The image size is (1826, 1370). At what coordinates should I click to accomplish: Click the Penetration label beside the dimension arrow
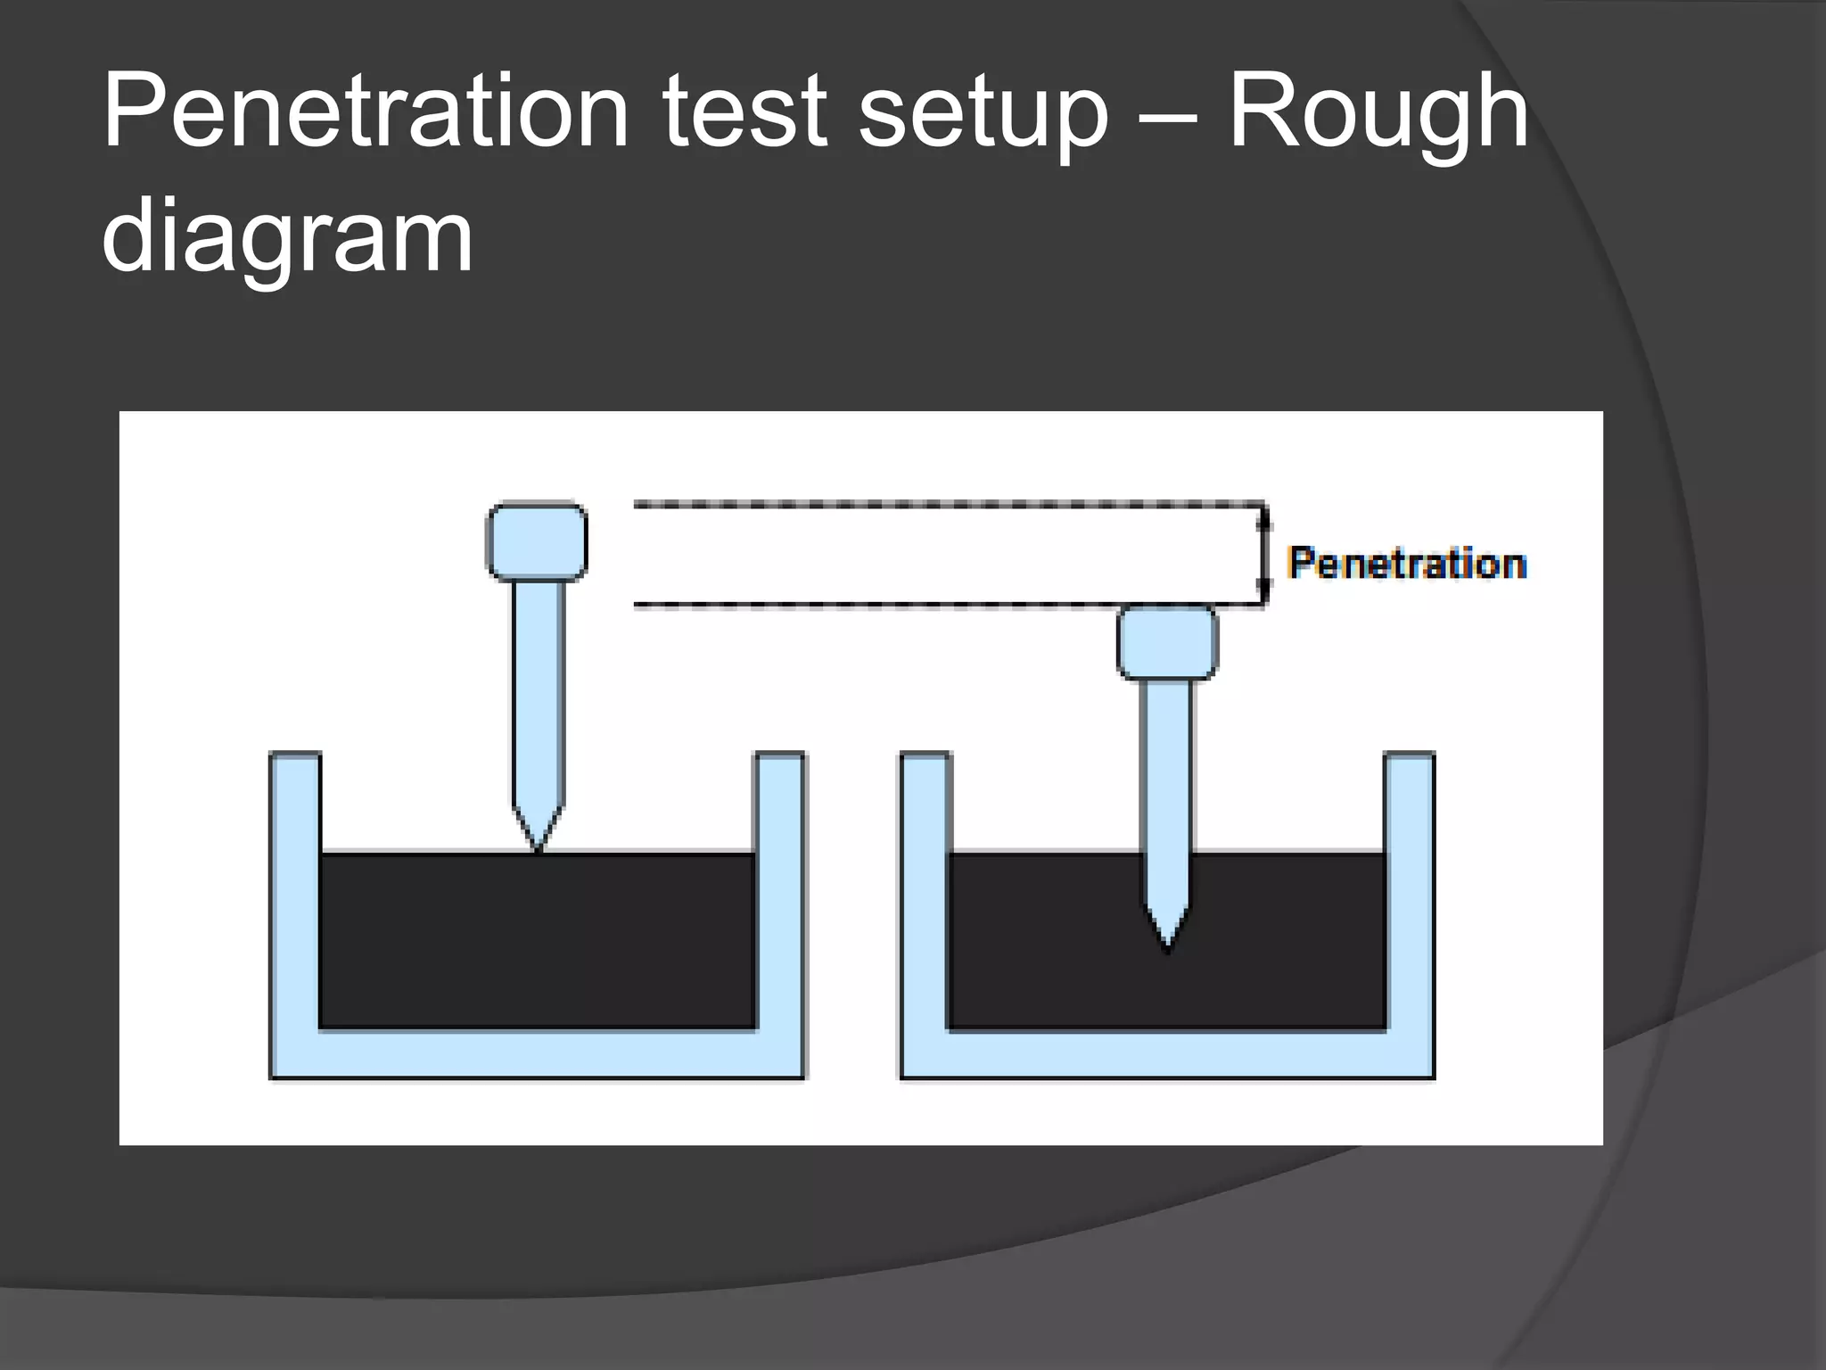coord(1407,564)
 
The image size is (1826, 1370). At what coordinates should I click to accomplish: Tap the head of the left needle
coord(537,541)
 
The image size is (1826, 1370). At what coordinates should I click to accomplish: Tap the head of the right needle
coord(1167,642)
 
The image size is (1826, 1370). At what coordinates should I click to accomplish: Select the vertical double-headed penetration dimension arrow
coord(1264,555)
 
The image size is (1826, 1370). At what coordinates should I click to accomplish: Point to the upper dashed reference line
coord(945,505)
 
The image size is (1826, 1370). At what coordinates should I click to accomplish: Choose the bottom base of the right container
coord(1167,1054)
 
